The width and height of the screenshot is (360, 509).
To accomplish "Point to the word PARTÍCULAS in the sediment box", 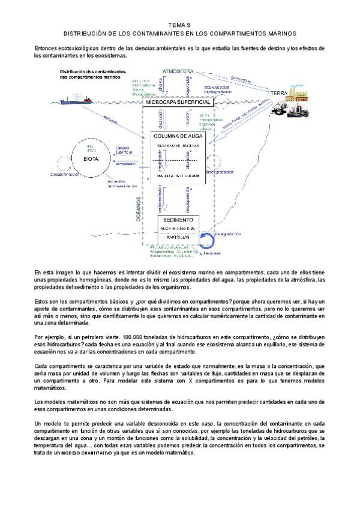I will (x=179, y=238).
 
